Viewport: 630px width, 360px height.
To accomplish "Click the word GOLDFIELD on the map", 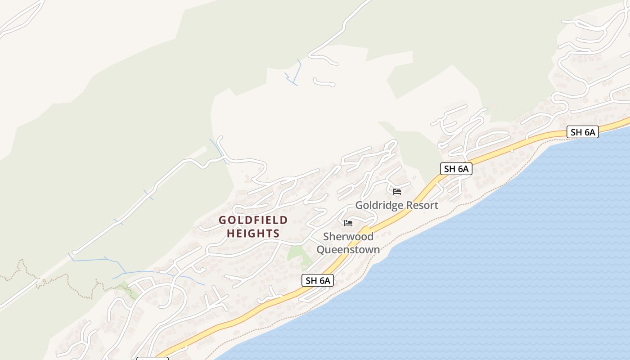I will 253,220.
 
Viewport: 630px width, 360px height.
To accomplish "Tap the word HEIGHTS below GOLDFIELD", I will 253,234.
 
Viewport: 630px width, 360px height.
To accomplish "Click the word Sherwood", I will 348,237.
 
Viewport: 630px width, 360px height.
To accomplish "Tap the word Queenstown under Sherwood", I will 348,249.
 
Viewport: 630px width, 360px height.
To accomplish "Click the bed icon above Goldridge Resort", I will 397,192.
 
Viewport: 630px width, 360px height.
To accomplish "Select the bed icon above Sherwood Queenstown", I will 348,223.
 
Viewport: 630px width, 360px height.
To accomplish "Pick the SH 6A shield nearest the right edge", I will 582,132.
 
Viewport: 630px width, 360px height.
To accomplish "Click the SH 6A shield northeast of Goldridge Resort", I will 456,169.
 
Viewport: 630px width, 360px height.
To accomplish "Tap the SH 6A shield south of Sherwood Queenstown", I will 318,280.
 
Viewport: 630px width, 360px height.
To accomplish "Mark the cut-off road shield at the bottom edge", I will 152,359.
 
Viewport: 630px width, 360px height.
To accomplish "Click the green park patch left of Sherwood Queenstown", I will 297,253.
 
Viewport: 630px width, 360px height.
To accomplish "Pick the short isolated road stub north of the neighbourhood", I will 324,83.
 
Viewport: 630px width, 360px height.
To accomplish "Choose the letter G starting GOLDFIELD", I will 222,220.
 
